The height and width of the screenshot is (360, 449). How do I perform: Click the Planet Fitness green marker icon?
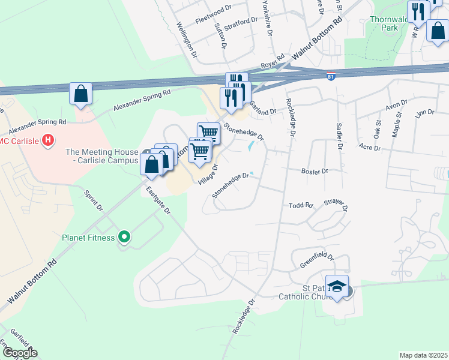124,237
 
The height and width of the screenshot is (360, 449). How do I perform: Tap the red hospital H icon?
49,142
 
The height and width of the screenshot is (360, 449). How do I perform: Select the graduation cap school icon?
337,286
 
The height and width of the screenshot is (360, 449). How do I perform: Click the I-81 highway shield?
331,76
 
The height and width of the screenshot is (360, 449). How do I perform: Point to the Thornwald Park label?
393,23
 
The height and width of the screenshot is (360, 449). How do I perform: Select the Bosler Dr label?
316,171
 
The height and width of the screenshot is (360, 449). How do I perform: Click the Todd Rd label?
301,205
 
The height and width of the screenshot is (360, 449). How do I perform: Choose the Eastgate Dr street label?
159,201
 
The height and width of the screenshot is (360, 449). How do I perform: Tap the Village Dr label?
208,173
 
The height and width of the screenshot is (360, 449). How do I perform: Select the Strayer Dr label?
337,206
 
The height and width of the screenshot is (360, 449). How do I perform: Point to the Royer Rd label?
271,65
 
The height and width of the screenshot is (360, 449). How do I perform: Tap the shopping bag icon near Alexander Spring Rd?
80,94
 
